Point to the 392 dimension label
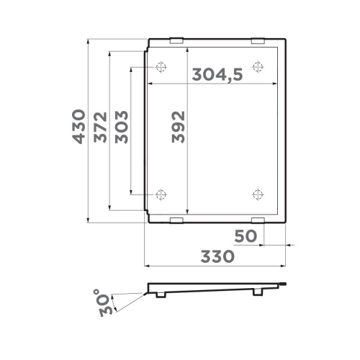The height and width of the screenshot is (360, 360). pyautogui.click(x=178, y=128)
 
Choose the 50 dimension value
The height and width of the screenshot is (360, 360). pyautogui.click(x=246, y=235)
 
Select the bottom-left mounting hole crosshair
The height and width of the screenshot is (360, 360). pyautogui.click(x=161, y=193)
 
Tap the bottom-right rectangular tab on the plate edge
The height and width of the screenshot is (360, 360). pyautogui.click(x=258, y=219)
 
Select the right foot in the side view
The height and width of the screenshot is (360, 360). pyautogui.click(x=258, y=292)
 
